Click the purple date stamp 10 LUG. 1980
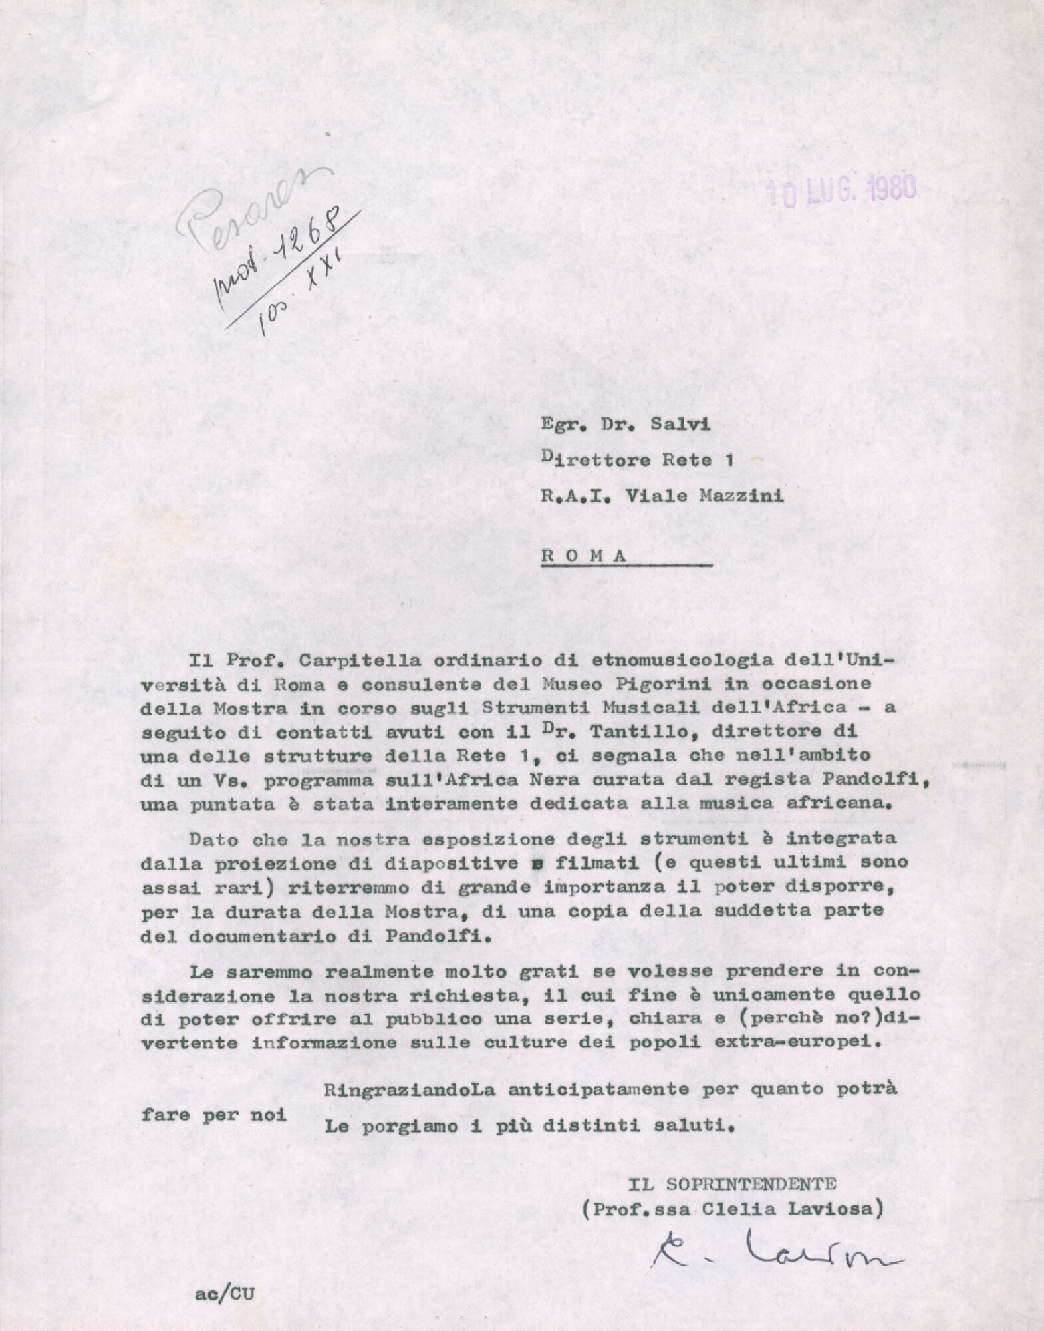[x=841, y=190]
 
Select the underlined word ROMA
[x=585, y=556]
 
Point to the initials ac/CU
[x=225, y=1294]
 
